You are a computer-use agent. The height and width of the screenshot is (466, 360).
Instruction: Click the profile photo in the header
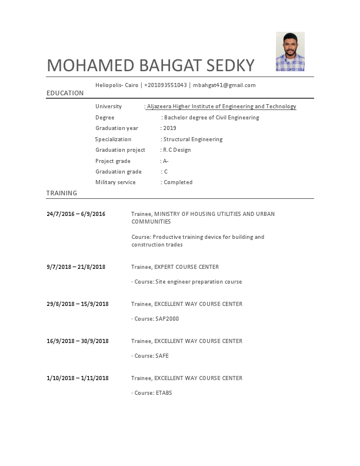click(x=290, y=52)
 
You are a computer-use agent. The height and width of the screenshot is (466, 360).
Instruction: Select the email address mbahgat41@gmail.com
click(x=224, y=85)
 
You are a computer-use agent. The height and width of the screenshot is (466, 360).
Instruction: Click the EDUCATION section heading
click(x=65, y=94)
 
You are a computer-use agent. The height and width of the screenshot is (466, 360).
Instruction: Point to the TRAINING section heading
click(x=62, y=193)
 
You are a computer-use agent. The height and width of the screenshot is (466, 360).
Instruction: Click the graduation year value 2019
click(x=169, y=128)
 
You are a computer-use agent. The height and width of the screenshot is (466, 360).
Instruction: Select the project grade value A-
click(x=166, y=161)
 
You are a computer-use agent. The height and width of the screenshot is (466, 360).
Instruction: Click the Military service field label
click(x=115, y=182)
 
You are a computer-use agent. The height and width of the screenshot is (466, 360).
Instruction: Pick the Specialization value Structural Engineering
click(x=192, y=139)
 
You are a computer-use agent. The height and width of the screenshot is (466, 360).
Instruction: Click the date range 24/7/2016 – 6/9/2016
click(x=76, y=214)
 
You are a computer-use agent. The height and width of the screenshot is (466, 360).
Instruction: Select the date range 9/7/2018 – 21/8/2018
click(x=76, y=267)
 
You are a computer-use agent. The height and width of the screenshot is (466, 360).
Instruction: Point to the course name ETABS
click(x=164, y=393)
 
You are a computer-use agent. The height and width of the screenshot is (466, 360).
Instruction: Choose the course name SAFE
click(x=162, y=356)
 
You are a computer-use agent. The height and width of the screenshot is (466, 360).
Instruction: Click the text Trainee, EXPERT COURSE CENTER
click(x=175, y=267)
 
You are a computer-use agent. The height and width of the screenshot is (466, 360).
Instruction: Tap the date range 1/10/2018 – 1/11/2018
click(x=78, y=378)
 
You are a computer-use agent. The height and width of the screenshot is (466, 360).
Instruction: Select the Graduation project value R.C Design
click(x=177, y=150)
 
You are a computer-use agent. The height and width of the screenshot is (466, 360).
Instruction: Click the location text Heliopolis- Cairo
click(x=116, y=85)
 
